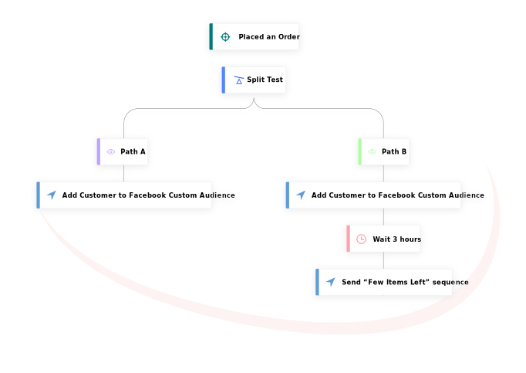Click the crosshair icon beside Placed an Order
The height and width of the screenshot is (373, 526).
[x=225, y=37]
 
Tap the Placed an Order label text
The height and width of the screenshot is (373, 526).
[x=268, y=37]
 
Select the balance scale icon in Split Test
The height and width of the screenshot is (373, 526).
[x=239, y=80]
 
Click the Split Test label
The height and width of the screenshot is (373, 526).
[x=265, y=80]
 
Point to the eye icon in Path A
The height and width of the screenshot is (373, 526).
[x=111, y=152]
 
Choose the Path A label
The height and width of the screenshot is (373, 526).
[x=133, y=152]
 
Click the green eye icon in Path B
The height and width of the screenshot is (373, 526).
[x=373, y=152]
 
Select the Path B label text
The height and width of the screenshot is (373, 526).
[x=394, y=152]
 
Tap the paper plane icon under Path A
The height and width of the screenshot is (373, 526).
[x=52, y=195]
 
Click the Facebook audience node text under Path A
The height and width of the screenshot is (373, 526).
[x=148, y=195]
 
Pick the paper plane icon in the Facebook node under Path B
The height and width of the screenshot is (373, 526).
[x=301, y=195]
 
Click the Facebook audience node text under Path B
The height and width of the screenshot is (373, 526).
[x=397, y=195]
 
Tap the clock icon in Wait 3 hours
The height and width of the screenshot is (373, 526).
[x=361, y=239]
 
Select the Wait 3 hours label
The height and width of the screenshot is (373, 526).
[x=396, y=239]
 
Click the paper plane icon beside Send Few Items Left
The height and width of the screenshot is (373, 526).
[x=331, y=283]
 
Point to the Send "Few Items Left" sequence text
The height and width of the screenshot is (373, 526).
[x=405, y=283]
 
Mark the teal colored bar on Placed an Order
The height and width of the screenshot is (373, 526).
[x=211, y=37]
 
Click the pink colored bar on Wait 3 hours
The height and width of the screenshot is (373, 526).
[x=349, y=239]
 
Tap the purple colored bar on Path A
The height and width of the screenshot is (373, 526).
[x=99, y=152]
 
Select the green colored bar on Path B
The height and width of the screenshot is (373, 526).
[x=360, y=152]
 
